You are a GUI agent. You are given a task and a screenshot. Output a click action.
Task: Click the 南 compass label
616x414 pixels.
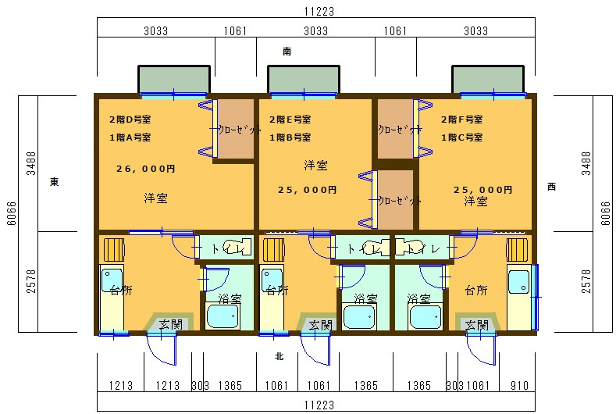[287, 52]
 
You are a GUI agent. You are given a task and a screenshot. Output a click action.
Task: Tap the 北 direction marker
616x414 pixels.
[279, 357]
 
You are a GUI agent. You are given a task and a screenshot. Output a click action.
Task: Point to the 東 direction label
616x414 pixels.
[54, 182]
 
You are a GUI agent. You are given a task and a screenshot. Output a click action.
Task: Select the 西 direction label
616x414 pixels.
[551, 187]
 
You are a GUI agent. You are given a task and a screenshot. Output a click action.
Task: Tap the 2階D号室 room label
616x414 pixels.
[130, 120]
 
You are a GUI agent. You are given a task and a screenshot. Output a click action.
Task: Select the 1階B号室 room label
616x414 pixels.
[290, 137]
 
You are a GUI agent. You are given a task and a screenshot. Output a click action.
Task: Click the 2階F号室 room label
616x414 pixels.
[461, 120]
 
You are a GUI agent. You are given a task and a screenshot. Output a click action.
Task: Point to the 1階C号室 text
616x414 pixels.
[461, 137]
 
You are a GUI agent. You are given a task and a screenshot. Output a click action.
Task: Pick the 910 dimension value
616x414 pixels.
[516, 385]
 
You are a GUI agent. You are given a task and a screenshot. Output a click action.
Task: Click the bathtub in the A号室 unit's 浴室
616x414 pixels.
[225, 316]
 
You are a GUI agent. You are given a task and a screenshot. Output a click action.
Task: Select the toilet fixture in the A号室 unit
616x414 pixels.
[234, 248]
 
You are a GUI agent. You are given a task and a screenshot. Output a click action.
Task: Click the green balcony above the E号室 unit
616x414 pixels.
[303, 80]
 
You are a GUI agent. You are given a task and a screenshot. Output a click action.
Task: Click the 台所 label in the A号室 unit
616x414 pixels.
[120, 290]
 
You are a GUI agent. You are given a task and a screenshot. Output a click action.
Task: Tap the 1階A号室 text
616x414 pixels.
[130, 137]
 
